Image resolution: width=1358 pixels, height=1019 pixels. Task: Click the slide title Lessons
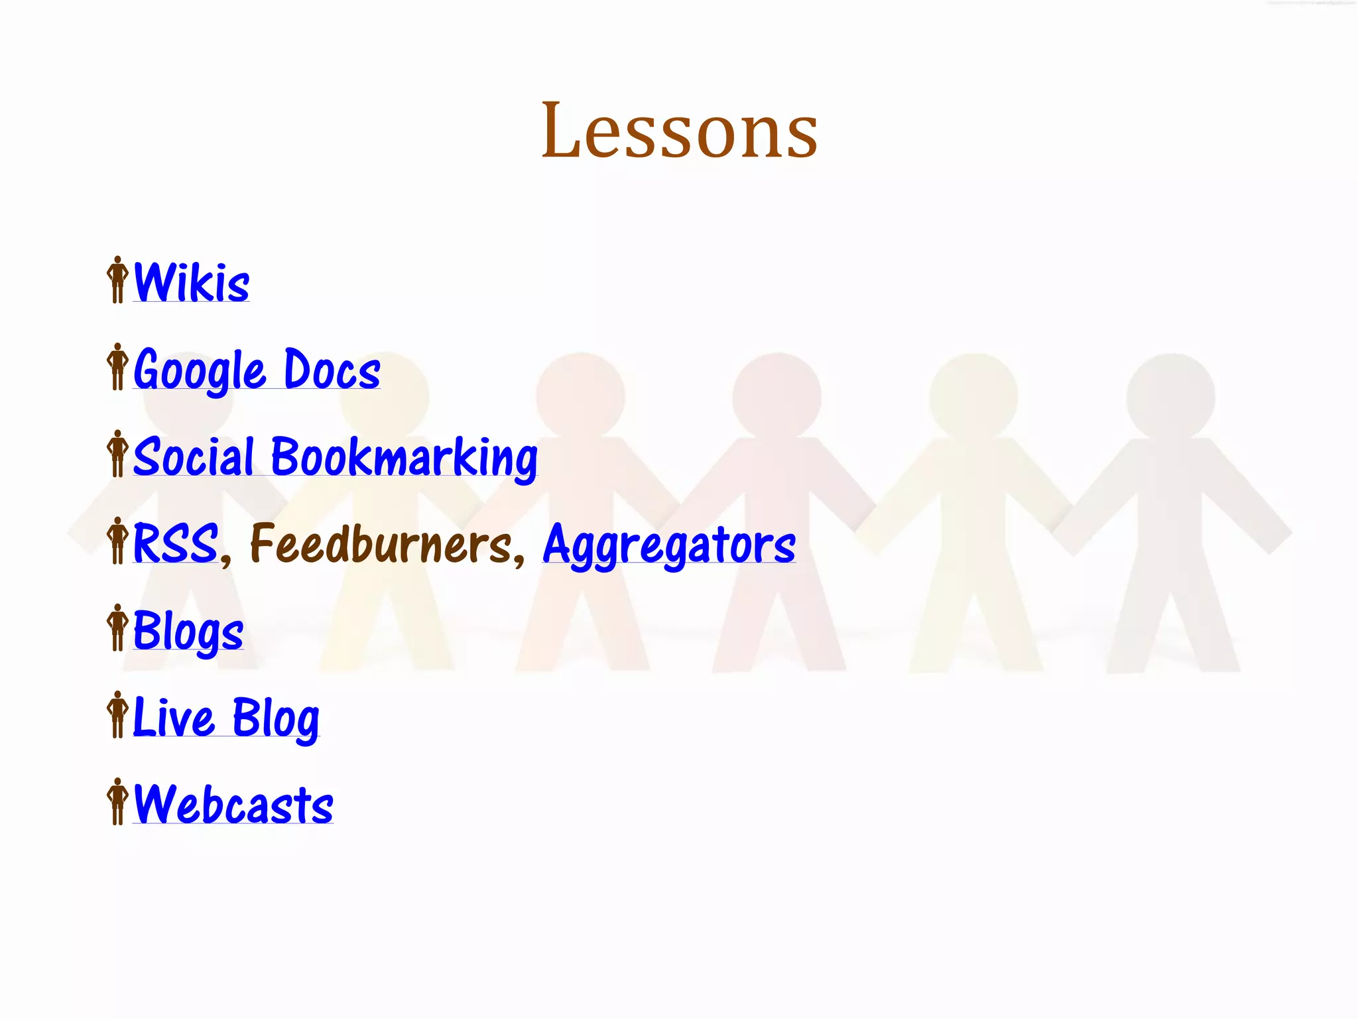click(679, 131)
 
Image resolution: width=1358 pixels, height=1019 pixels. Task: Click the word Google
click(200, 370)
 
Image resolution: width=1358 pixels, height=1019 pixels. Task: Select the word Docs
click(332, 370)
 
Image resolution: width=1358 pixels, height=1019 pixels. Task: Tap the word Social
click(194, 457)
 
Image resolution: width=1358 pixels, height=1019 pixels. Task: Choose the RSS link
click(175, 544)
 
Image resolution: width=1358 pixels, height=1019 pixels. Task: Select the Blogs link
click(188, 632)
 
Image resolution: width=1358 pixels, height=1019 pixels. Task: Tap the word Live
click(174, 718)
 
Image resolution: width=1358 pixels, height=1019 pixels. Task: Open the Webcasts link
click(233, 805)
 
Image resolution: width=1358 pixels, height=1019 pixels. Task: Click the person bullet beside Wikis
click(117, 280)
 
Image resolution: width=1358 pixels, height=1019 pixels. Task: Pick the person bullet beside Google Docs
click(117, 367)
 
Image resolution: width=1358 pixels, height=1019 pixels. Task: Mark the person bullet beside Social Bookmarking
click(117, 454)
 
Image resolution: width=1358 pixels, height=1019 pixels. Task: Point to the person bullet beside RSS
click(117, 541)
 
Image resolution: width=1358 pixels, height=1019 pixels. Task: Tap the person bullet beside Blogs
click(117, 628)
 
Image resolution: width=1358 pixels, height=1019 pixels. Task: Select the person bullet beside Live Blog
click(117, 714)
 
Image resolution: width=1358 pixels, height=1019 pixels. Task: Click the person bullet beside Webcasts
click(117, 801)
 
